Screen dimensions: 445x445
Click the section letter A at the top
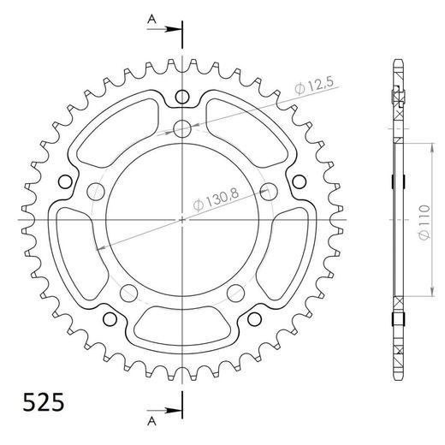[x=151, y=18]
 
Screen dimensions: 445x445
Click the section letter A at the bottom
[x=151, y=423]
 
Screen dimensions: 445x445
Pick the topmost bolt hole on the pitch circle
[x=182, y=129]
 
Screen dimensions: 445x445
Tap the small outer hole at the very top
[x=182, y=96]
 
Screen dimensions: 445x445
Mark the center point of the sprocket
[x=182, y=220]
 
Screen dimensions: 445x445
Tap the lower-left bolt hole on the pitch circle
[x=129, y=288]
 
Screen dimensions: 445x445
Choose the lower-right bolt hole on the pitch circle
[x=235, y=288]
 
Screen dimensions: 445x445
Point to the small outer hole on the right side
[x=300, y=181]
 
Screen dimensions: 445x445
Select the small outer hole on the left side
[x=65, y=181]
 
